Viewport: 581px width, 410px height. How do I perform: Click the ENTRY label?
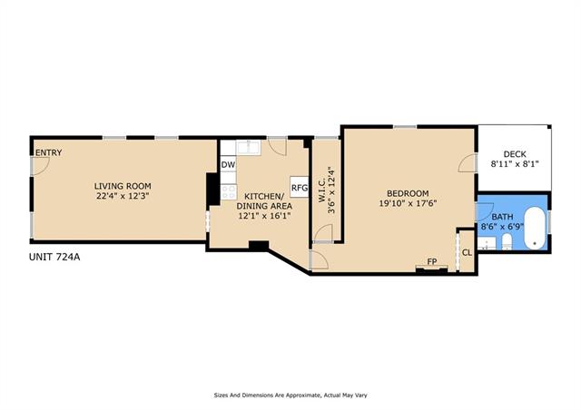(48, 152)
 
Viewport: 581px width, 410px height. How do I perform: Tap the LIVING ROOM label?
(123, 186)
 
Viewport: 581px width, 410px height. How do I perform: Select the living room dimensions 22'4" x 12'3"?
(123, 196)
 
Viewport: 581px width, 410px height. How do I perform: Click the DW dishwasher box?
(228, 165)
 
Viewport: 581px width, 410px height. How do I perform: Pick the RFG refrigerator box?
(300, 188)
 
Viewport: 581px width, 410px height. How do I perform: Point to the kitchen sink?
(249, 148)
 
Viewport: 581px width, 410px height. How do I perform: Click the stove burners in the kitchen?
(228, 192)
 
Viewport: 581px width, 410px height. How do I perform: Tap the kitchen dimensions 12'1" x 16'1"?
(264, 216)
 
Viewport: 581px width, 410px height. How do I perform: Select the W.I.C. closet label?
(321, 190)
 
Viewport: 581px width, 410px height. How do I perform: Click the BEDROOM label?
(408, 193)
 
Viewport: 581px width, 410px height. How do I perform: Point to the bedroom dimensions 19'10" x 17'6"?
(408, 203)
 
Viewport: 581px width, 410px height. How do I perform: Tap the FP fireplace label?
(432, 261)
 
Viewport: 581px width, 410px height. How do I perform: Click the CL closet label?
(468, 252)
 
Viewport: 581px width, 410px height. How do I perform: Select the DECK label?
(515, 154)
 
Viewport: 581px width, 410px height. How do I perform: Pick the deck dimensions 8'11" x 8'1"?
(515, 163)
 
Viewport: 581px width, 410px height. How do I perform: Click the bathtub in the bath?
(536, 228)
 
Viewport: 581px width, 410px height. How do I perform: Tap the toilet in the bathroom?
(507, 241)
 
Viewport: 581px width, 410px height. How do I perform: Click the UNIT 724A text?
(54, 257)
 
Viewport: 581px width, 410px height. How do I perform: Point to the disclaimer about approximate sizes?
(290, 395)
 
